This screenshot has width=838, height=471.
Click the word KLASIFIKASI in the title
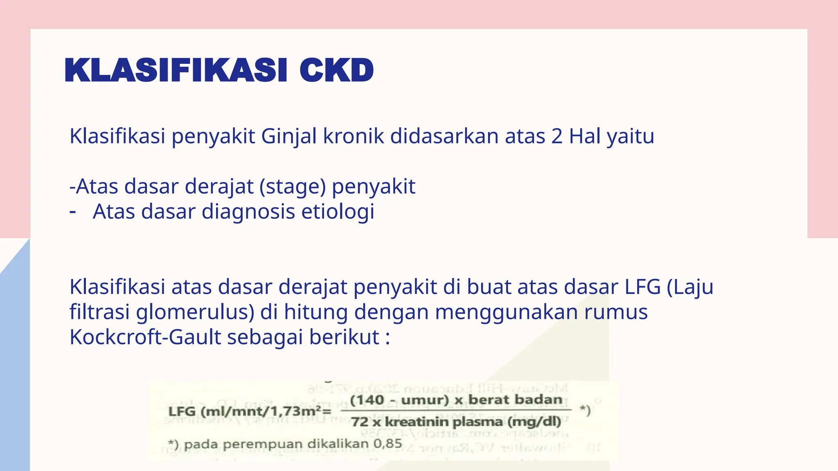tap(176, 70)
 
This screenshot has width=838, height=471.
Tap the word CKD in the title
tap(336, 70)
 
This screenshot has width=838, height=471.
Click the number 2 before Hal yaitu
tap(557, 136)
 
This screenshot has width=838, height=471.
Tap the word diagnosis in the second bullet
tap(248, 212)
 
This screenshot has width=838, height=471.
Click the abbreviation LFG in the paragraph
tap(642, 287)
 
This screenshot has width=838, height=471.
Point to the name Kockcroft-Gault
tap(145, 337)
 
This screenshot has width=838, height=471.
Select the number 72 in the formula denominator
tap(360, 422)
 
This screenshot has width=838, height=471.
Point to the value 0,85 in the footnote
tap(387, 444)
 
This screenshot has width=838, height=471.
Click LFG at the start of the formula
tap(182, 411)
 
